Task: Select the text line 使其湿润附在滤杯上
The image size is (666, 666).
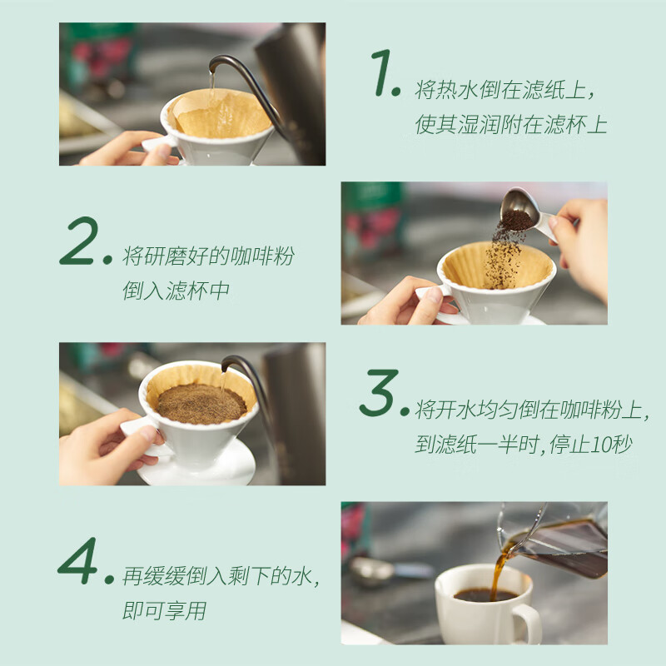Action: [x=511, y=126]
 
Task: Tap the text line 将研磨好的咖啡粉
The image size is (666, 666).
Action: [x=208, y=256]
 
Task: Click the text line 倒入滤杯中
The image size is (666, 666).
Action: [x=176, y=291]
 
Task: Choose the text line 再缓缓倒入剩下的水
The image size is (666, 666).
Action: [x=221, y=576]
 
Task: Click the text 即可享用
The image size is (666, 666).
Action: [x=164, y=612]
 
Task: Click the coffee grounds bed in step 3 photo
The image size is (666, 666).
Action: [x=201, y=402]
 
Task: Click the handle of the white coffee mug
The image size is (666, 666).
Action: [x=528, y=623]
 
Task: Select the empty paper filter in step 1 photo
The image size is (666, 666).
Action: [x=221, y=115]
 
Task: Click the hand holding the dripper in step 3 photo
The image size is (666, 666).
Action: [x=100, y=445]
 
